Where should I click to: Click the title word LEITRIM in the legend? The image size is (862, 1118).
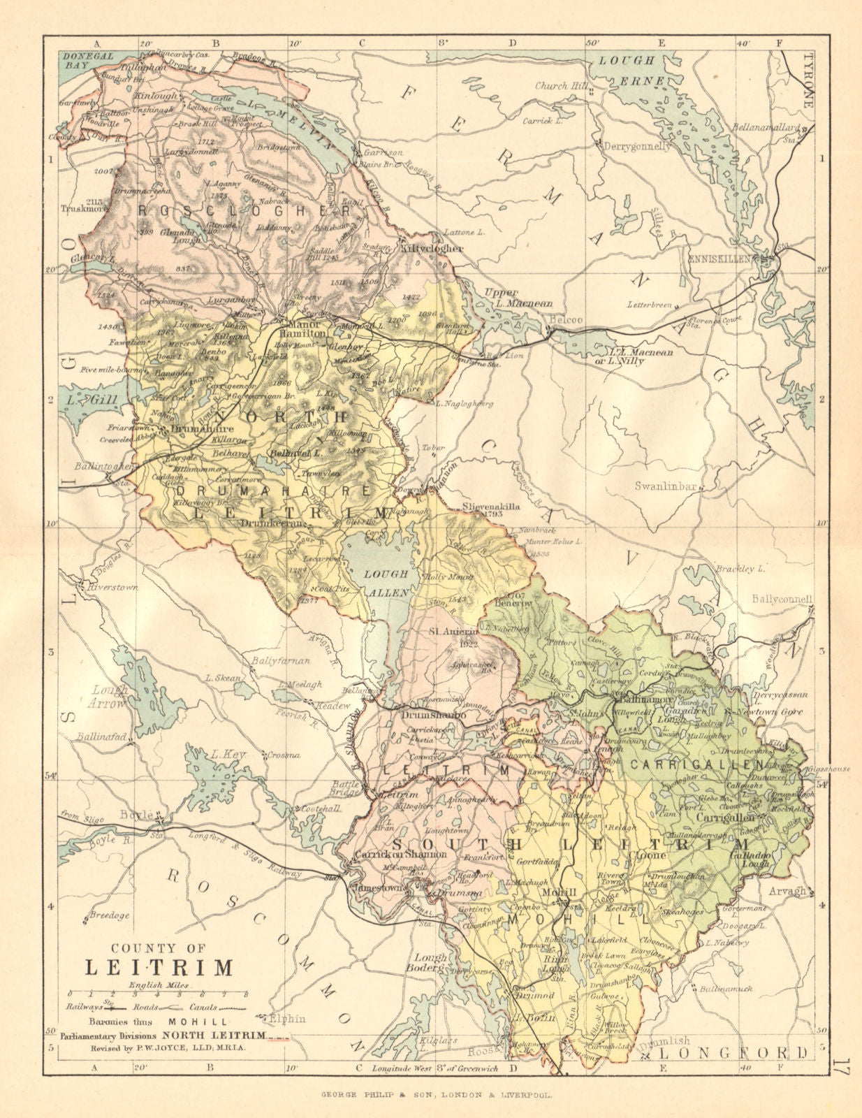[x=159, y=968]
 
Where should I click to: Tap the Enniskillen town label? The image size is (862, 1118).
[x=718, y=259]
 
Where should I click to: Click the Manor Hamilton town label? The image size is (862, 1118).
[x=304, y=328]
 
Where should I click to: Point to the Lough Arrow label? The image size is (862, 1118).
[x=110, y=696]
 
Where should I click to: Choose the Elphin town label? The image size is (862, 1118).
[x=288, y=1018]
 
